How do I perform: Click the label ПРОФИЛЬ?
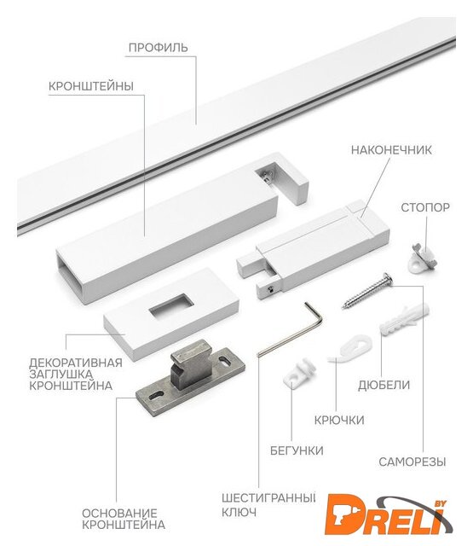point(159,48)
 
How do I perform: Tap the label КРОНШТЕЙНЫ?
point(91,86)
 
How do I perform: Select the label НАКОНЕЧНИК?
point(391,150)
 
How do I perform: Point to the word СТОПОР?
point(425,207)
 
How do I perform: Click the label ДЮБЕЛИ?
point(384,385)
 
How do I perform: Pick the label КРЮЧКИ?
point(339,421)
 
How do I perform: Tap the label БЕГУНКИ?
point(297,450)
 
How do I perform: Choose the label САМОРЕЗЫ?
point(412,462)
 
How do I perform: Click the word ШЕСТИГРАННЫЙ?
point(268,498)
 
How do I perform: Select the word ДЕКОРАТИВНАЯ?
point(76,363)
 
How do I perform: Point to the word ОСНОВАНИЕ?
point(119,514)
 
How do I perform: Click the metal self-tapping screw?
point(367,291)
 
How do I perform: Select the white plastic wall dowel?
point(405,319)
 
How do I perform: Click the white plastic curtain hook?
point(350,349)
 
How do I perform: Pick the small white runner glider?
point(300,372)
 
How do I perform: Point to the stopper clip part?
point(423,258)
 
